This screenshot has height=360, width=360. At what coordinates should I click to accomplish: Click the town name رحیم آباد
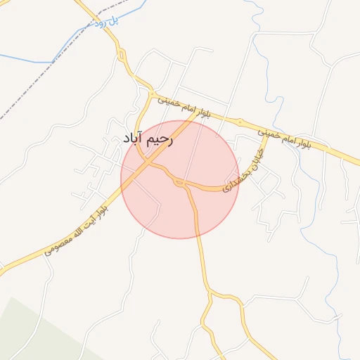click(x=148, y=139)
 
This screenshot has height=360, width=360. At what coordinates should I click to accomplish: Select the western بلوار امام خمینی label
click(x=184, y=109)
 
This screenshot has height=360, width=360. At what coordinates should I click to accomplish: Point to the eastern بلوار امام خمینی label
click(x=295, y=138)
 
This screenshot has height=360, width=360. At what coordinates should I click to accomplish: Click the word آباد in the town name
click(x=133, y=139)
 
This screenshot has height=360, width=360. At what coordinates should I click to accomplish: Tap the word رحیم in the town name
click(x=160, y=139)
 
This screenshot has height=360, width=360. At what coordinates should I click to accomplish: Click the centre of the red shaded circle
click(x=180, y=179)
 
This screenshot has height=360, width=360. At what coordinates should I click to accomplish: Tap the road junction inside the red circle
click(x=181, y=184)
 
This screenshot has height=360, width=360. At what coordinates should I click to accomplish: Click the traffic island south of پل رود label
click(x=122, y=54)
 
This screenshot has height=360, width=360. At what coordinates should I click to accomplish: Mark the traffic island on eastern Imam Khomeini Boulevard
click(x=240, y=122)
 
